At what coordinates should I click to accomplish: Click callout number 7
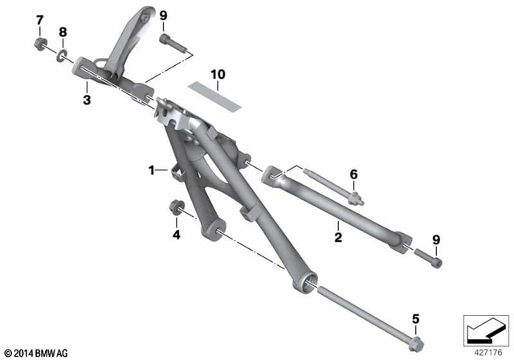pyautogui.click(x=39, y=18)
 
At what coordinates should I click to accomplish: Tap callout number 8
pyautogui.click(x=63, y=32)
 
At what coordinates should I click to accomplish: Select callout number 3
pyautogui.click(x=87, y=100)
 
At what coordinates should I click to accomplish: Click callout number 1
pyautogui.click(x=150, y=170)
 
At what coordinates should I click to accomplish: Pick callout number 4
pyautogui.click(x=177, y=235)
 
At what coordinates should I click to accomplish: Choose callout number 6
pyautogui.click(x=353, y=174)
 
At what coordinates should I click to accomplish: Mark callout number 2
pyautogui.click(x=339, y=237)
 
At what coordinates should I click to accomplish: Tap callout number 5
pyautogui.click(x=415, y=318)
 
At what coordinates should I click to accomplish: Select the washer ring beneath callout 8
pyautogui.click(x=62, y=56)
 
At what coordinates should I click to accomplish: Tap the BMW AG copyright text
pyautogui.click(x=36, y=351)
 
